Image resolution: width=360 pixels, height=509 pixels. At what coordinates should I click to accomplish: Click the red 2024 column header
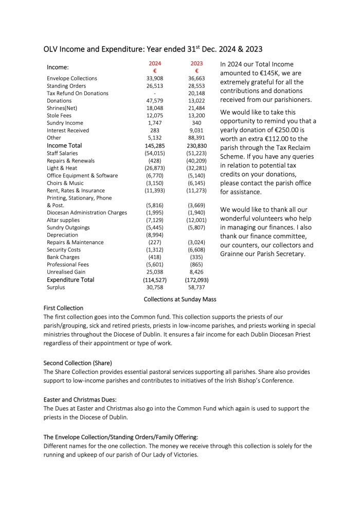tap(155, 63)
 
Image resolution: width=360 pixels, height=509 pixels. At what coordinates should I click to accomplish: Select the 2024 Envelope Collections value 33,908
tap(155, 79)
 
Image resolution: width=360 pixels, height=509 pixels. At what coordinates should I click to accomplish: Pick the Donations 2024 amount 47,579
tap(155, 101)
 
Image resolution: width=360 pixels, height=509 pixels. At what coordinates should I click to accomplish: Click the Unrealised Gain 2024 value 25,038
tap(155, 272)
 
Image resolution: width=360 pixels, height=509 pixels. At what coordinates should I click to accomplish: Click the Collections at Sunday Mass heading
tap(180, 299)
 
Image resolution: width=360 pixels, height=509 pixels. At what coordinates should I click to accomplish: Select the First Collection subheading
tap(63, 308)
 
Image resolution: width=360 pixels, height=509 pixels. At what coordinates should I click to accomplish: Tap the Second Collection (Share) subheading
tap(78, 363)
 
